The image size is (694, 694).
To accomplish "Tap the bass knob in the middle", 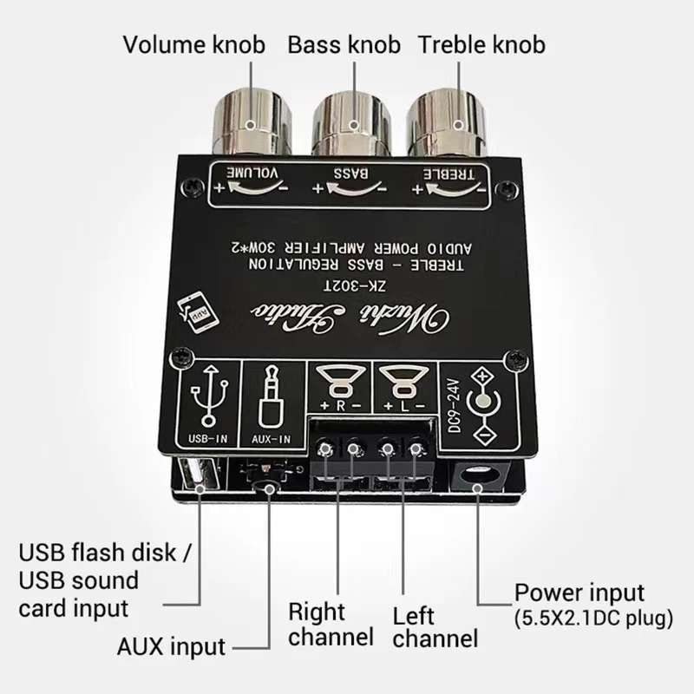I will (351, 123).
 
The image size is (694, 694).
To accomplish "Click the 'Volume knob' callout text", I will (193, 45).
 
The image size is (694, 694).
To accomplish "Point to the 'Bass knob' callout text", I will (344, 45).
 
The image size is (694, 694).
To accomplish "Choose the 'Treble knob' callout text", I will (481, 45).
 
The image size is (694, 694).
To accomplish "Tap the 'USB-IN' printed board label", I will (208, 438).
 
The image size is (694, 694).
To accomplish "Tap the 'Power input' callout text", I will (579, 593).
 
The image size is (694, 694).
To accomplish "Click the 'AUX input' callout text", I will (171, 646).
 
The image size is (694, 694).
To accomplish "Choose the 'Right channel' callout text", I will (331, 624).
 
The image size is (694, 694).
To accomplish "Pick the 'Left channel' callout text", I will (435, 627).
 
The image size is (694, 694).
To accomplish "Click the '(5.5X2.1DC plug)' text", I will (593, 619).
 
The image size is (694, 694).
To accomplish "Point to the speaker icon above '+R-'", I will (339, 381).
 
